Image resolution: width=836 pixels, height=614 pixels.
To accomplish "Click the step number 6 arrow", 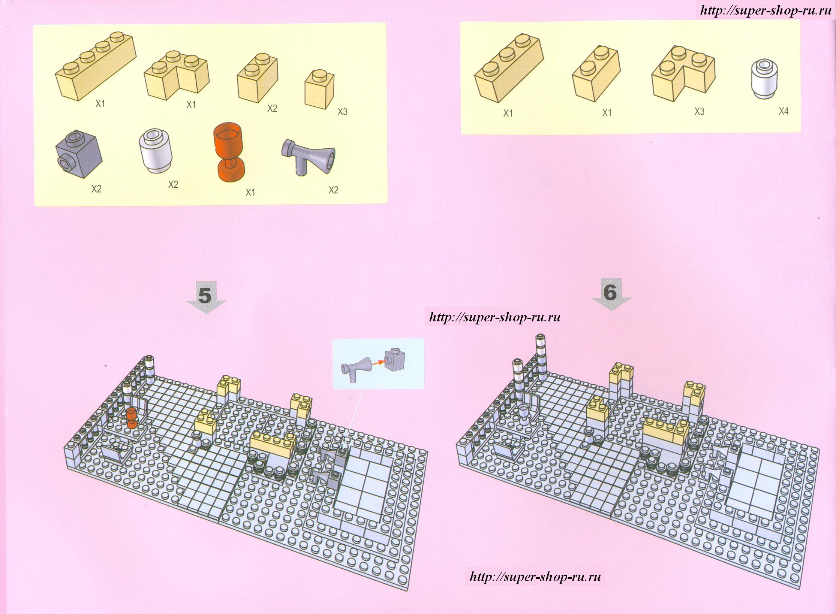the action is point(611,294).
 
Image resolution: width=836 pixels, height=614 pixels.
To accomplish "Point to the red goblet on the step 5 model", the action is point(132,418).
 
